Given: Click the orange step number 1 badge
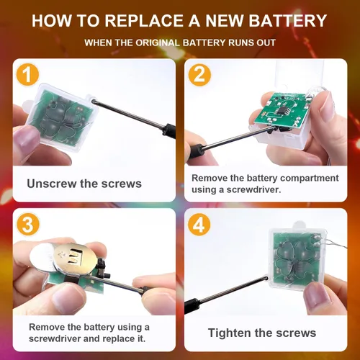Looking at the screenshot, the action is tap(27, 74).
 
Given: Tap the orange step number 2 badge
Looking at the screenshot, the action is tap(199, 75).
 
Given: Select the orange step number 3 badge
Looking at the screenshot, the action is tap(27, 225).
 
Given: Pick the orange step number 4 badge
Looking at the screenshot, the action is tap(199, 225).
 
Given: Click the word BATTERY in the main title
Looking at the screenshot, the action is tap(287, 21).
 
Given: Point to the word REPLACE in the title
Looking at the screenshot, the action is tap(143, 21).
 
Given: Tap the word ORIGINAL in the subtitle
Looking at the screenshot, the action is tap(158, 42).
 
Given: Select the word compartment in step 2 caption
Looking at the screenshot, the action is tap(310, 179).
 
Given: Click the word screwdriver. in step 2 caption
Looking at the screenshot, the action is tap(253, 189).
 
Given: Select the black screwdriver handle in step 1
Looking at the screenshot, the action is tap(169, 131).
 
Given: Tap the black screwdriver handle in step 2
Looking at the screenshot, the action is tap(195, 150).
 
